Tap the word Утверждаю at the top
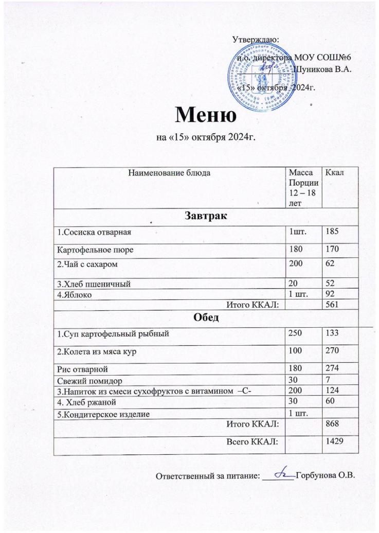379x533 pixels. (x=256, y=39)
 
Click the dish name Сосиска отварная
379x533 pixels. (x=95, y=233)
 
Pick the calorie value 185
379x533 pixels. (x=327, y=233)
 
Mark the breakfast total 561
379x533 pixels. (x=327, y=305)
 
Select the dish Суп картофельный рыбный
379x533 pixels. (x=114, y=334)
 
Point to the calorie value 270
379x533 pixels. (x=327, y=351)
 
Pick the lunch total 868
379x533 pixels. (x=327, y=423)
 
